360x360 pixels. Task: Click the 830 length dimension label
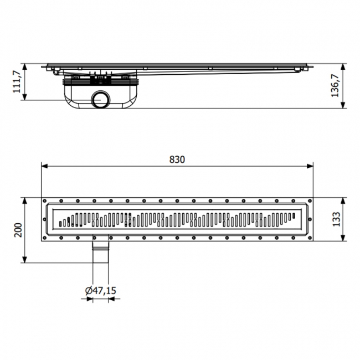click(x=177, y=160)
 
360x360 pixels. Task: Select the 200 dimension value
click(x=18, y=230)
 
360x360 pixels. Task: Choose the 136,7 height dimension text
click(x=336, y=86)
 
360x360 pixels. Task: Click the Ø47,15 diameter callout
click(x=100, y=290)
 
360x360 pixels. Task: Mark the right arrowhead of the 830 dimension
click(x=311, y=166)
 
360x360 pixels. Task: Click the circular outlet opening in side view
click(x=101, y=100)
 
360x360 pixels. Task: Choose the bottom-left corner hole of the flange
click(x=45, y=238)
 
